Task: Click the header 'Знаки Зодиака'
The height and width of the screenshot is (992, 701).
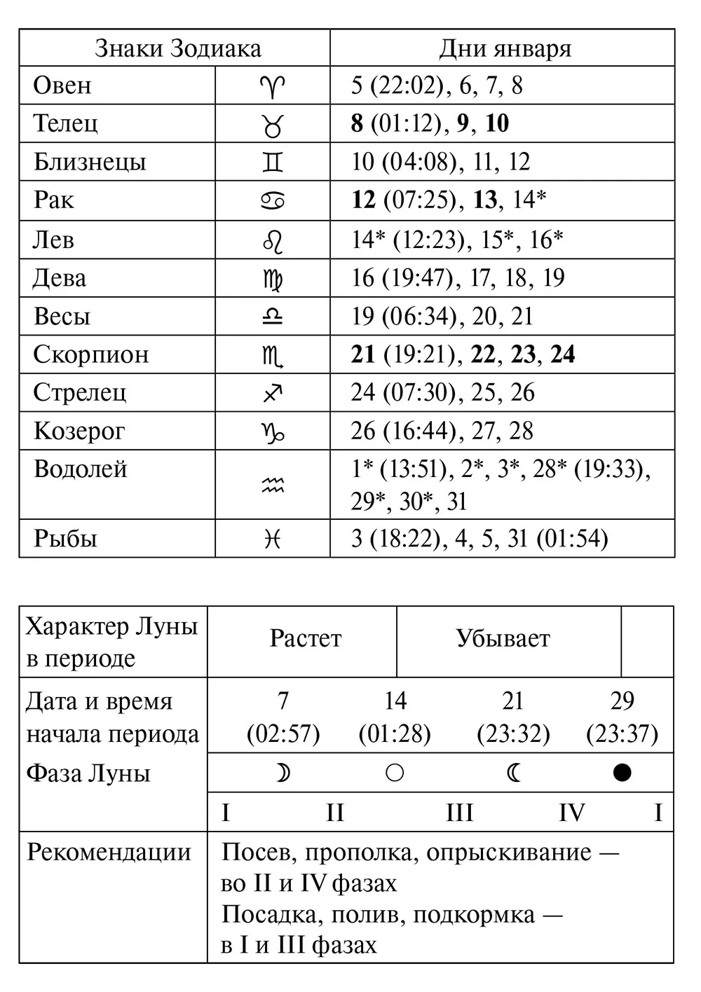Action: (177, 48)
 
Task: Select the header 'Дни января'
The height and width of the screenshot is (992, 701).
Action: (505, 48)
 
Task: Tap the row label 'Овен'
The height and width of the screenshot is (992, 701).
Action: (62, 85)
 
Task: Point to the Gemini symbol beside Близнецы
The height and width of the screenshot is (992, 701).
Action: (273, 163)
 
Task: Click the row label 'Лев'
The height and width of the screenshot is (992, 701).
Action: (53, 240)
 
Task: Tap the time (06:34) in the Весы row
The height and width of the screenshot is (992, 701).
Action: (419, 316)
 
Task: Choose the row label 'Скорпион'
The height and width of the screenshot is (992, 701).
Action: (91, 354)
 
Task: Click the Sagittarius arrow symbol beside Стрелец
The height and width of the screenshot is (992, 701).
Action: (273, 393)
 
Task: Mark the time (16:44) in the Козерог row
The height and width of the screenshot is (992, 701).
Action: (419, 431)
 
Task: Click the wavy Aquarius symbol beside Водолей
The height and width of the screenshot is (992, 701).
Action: (273, 485)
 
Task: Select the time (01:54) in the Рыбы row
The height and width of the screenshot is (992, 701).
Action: (571, 539)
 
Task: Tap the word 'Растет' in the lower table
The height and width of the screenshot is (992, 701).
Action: (305, 639)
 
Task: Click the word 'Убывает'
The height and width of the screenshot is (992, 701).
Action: (503, 639)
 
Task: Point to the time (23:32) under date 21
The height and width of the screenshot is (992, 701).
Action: (513, 734)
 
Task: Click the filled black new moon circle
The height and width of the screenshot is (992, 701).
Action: (622, 773)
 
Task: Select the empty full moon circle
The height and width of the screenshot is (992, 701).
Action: (395, 773)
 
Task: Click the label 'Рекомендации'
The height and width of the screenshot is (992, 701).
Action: (109, 853)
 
